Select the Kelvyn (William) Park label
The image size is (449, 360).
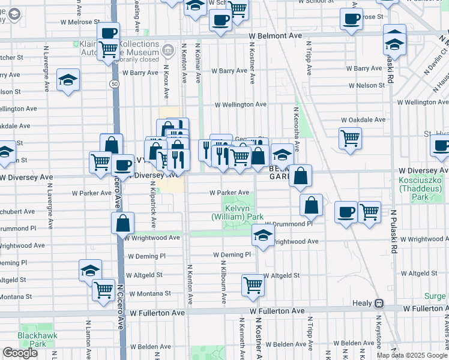click(x=238, y=211)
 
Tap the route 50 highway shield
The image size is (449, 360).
click(x=113, y=84)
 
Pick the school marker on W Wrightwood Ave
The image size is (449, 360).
click(x=263, y=235)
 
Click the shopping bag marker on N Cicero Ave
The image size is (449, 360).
click(x=122, y=223)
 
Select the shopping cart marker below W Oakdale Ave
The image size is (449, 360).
click(x=350, y=138)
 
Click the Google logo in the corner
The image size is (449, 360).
click(x=20, y=353)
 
